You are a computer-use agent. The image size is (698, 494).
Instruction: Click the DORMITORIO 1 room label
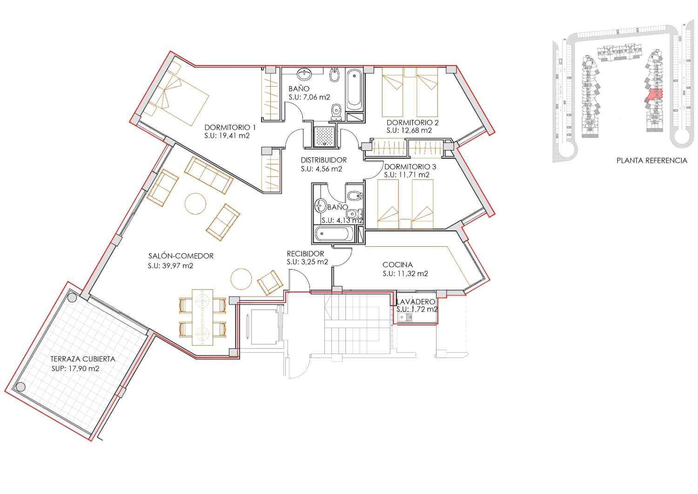pos(230,127)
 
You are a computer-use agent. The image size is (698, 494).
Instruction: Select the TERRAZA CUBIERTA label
pos(83,359)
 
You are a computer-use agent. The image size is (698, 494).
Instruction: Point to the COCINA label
pos(397,265)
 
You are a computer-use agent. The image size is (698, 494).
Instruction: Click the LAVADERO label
pos(416,302)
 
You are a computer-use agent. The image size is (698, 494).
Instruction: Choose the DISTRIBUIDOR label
pos(324,160)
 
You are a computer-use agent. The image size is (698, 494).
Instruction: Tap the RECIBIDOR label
pos(305,254)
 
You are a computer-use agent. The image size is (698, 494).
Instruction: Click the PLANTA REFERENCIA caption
pos(652,161)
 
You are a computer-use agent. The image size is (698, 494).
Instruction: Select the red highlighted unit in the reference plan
pos(654,95)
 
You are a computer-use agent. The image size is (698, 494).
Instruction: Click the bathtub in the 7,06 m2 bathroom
pos(355,89)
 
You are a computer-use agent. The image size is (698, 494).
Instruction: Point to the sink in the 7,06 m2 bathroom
pos(304,74)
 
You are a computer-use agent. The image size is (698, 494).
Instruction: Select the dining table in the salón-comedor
pos(202,318)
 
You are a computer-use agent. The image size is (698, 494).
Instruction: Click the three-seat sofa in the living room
pos(209,175)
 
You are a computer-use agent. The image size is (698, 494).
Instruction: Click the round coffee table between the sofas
pos(195,203)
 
